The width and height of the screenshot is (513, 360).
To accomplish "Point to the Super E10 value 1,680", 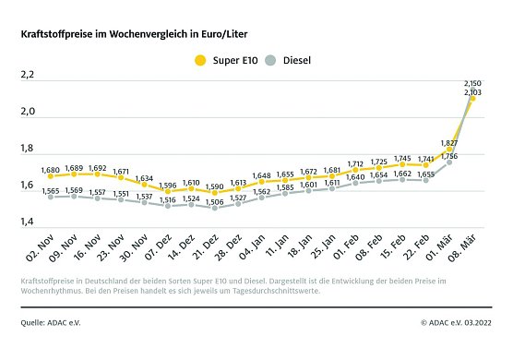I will pyautogui.click(x=51, y=170).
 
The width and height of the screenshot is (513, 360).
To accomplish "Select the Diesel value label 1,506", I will pyautogui.click(x=215, y=202).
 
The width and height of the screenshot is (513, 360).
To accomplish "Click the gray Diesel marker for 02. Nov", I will pyautogui.click(x=50, y=197).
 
